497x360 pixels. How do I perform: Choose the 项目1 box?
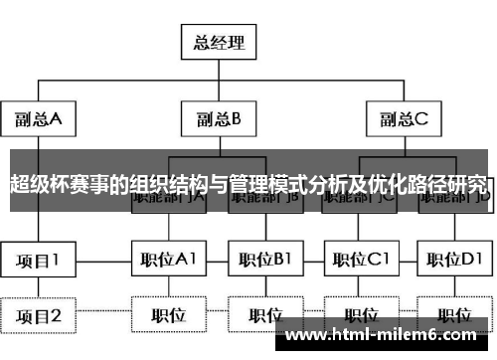click(38, 261)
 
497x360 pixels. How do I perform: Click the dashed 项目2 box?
click(38, 316)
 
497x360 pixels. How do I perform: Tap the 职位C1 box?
click(361, 261)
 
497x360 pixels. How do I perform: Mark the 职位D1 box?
click(456, 261)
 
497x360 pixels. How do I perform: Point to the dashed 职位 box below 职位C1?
click(361, 315)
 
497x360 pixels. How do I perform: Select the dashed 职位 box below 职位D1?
click(456, 315)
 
